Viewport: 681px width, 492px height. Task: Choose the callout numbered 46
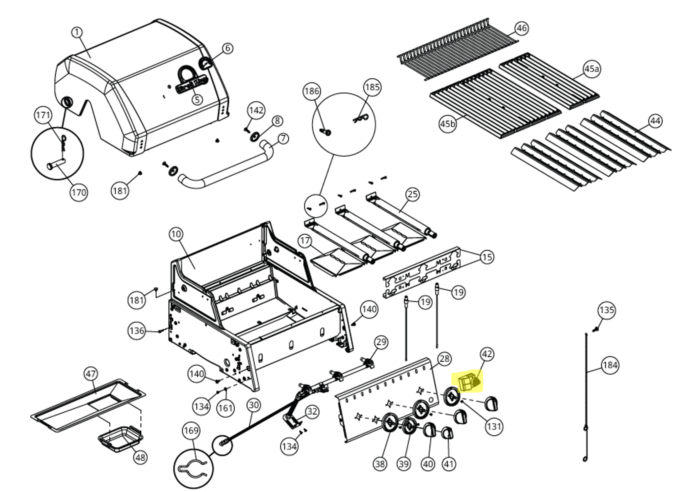522,28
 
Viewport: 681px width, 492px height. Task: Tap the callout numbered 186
312,91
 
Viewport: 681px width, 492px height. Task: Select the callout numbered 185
372,87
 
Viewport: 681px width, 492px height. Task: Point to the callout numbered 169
191,430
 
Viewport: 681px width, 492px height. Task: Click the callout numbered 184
610,365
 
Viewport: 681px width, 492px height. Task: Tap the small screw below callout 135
596,330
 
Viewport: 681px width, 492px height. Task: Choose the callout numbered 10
176,234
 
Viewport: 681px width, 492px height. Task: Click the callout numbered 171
43,115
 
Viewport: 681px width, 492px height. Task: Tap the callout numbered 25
413,194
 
